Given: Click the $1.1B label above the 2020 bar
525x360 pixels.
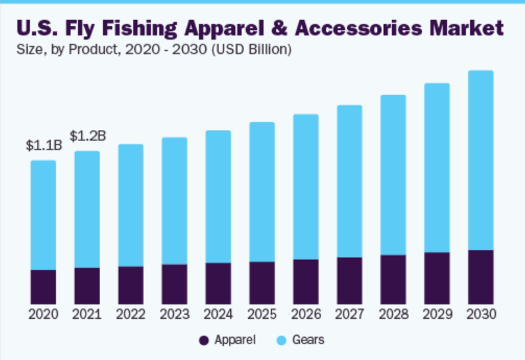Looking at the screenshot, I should pos(44,146).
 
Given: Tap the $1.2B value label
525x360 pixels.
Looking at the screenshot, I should pos(88,136).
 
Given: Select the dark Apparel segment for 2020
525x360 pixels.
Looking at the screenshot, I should pos(43,286).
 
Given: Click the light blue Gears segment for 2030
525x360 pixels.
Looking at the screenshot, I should pos(480,160).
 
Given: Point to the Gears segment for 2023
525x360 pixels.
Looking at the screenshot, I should pos(175,201).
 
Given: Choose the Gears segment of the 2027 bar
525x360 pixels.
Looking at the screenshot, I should pos(350,181).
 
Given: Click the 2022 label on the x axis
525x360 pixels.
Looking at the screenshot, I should pos(131,314).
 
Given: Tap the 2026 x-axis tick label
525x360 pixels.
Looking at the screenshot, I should pos(306,314).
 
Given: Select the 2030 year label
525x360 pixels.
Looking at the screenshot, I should pos(480,314).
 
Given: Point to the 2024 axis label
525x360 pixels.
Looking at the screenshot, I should pos(218,314).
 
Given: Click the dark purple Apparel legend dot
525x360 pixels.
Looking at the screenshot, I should pos(204,341).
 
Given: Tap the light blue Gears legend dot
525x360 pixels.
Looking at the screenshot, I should pos(281,341).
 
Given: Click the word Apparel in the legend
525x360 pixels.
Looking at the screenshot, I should pos(235,341).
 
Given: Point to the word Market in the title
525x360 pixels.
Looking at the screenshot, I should pos(466,28).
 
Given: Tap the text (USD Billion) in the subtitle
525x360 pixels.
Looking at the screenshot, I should pos(252,50).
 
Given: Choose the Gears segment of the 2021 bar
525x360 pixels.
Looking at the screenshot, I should pos(87,209).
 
